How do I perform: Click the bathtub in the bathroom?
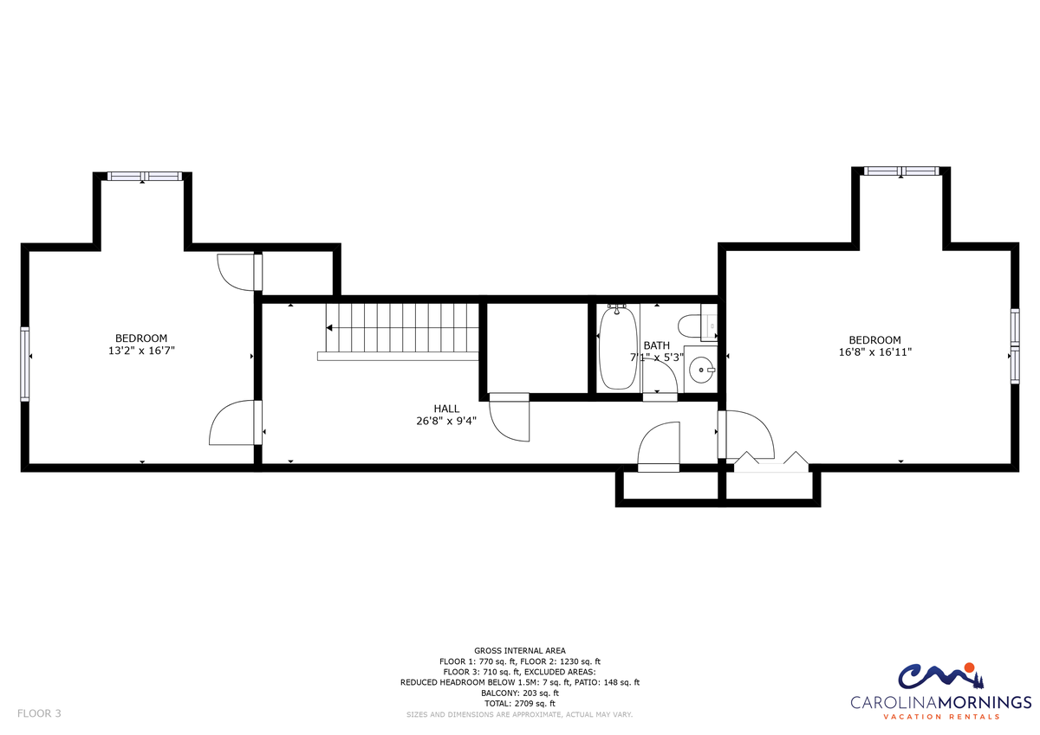pos(618,348)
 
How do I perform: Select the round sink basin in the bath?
pos(701,370)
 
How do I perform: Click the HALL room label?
pos(446,409)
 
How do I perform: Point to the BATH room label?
pos(657,345)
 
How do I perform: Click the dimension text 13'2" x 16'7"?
pos(141,351)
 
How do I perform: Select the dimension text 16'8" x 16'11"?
pos(874,352)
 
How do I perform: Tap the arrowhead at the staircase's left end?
pos(329,328)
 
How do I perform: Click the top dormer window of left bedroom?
pos(145,177)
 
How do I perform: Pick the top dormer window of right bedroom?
pos(901,171)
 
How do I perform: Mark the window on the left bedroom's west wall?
pos(24,364)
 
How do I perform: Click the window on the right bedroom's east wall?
pos(1016,346)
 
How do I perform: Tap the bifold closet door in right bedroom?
pos(771,462)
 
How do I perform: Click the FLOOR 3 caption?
pos(39,713)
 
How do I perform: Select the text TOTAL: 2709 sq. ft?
pos(519,703)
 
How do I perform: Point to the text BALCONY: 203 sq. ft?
pos(519,693)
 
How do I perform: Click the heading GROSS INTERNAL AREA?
pos(519,651)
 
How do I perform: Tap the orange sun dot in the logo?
pos(969,667)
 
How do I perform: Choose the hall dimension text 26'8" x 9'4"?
pos(446,421)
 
